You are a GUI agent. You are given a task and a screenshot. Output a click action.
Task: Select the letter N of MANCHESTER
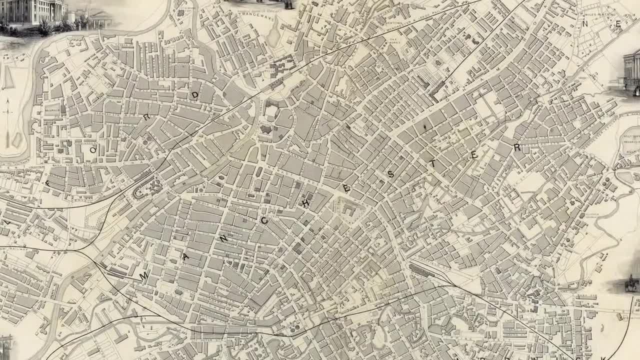pos(223,239)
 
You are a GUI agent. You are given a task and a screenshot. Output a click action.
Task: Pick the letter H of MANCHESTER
pos(305,203)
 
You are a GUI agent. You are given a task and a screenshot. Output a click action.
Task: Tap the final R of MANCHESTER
pos(517,147)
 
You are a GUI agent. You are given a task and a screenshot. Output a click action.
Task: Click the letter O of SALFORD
pos(92,149)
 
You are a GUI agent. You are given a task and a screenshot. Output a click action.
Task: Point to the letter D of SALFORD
pos(194,94)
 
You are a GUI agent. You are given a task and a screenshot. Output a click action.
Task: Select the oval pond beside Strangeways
pos(273,36)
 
